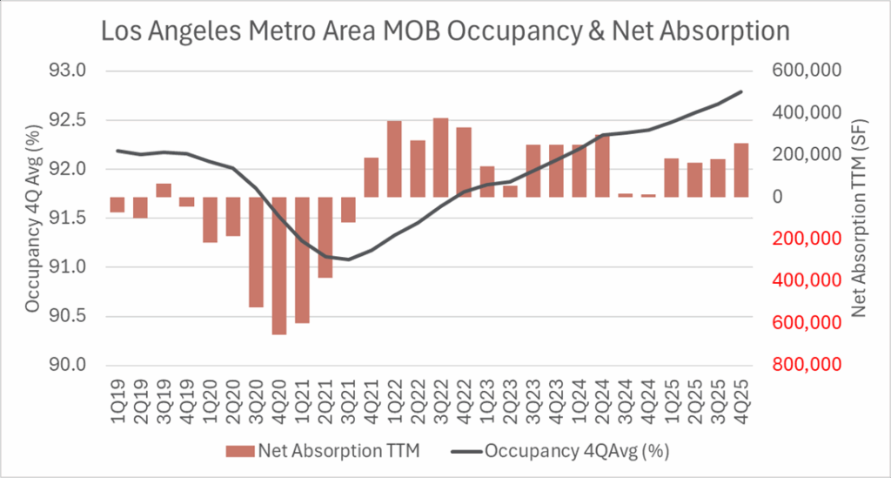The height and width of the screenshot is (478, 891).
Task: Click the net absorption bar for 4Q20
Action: pos(278,266)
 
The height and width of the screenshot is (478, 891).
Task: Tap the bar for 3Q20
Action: pos(256,252)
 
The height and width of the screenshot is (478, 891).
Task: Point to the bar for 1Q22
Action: pos(394,158)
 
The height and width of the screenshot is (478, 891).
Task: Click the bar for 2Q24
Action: pos(602,165)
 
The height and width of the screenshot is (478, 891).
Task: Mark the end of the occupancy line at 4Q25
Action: pos(741,91)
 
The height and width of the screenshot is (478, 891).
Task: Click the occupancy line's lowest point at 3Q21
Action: pos(348,259)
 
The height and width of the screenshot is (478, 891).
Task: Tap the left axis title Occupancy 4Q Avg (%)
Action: pos(33,218)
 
